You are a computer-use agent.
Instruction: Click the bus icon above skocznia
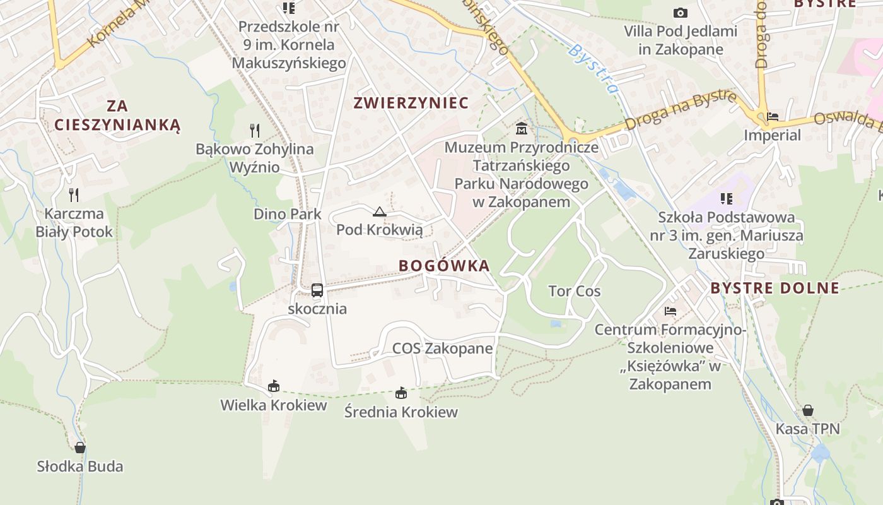[x=317, y=290]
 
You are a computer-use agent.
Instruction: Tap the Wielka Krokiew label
[x=274, y=405]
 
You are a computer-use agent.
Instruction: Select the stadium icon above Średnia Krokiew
[x=401, y=393]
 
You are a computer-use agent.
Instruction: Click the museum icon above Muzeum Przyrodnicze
[x=522, y=129]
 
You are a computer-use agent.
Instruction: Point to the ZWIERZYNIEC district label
[x=411, y=103]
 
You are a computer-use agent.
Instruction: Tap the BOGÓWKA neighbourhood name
[x=444, y=266]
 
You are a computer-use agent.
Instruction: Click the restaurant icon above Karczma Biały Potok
[x=74, y=195]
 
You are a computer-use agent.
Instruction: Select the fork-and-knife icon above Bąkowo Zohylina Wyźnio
[x=255, y=131]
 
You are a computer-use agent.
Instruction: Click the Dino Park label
[x=288, y=214]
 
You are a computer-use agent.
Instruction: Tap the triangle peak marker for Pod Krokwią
[x=379, y=211]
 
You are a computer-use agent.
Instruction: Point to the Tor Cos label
[x=575, y=292]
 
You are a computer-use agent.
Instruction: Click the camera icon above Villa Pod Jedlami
[x=680, y=13]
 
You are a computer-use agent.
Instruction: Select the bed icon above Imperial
[x=772, y=117]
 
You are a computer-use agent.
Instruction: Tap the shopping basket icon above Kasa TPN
[x=808, y=411]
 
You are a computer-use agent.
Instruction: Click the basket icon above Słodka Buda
[x=80, y=448]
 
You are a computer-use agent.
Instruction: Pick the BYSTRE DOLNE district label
[x=775, y=288]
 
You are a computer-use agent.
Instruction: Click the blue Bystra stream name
[x=593, y=68]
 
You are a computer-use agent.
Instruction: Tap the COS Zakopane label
[x=442, y=348]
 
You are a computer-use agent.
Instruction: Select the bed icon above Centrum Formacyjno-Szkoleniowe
[x=670, y=311]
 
